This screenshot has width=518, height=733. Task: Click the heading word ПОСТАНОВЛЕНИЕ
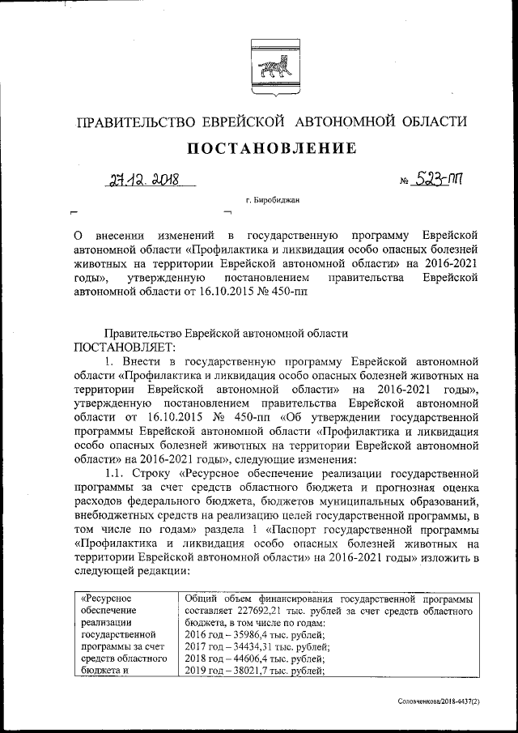(272, 148)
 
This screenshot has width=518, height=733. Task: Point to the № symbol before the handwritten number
(405, 180)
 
